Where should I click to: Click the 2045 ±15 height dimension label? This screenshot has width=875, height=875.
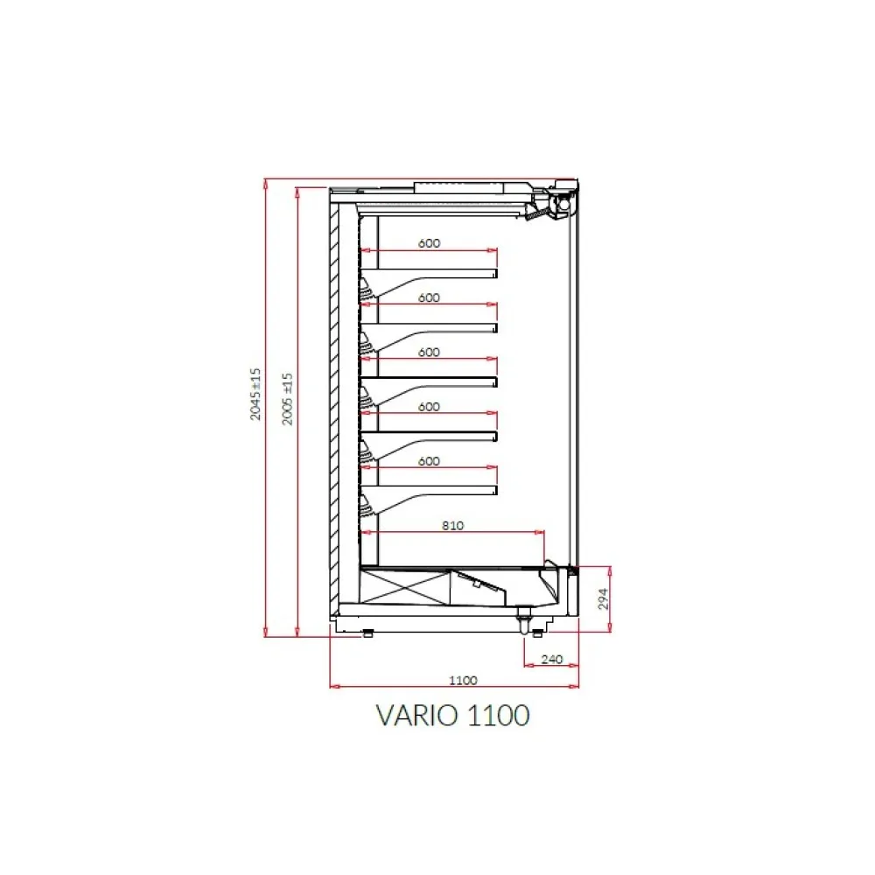[x=255, y=394]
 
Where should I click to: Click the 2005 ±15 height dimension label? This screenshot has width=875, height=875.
[x=287, y=399]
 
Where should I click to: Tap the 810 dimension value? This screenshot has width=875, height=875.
[x=452, y=526]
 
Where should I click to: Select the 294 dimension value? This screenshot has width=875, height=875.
[x=603, y=598]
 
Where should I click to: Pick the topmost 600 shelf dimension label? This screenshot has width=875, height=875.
[x=429, y=243]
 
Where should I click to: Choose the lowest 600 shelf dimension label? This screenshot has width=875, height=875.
[x=429, y=461]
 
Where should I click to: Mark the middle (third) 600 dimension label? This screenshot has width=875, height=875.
[x=429, y=353]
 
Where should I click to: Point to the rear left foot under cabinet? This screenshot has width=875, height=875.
[x=367, y=633]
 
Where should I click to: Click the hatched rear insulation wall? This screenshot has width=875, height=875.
[x=334, y=402]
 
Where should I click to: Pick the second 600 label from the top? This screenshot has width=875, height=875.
[x=429, y=297]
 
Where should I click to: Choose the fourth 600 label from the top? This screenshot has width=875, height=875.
[x=429, y=407]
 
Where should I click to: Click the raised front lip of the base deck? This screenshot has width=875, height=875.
[x=549, y=564]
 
